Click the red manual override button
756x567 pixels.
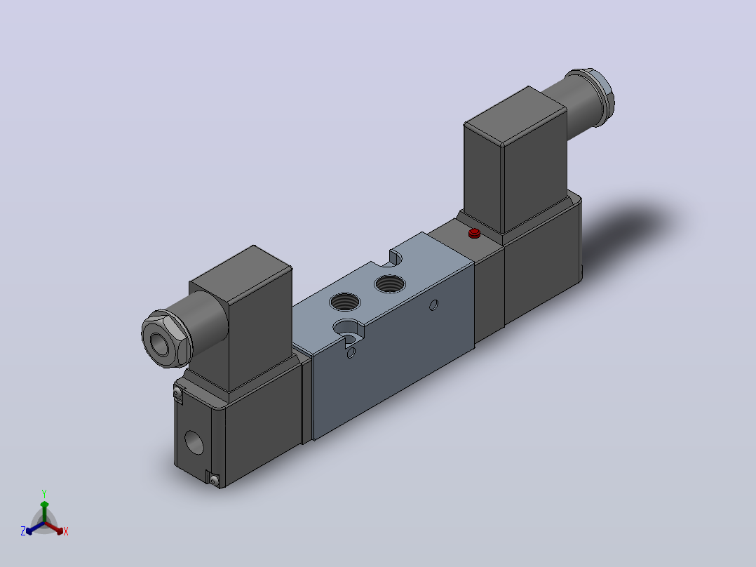474,234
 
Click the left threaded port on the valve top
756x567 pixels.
345,302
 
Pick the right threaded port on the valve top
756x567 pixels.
390,283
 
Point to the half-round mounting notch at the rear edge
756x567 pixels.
396,258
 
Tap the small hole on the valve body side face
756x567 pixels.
433,305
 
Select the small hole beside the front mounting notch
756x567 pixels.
351,353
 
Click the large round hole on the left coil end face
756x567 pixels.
194,442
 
